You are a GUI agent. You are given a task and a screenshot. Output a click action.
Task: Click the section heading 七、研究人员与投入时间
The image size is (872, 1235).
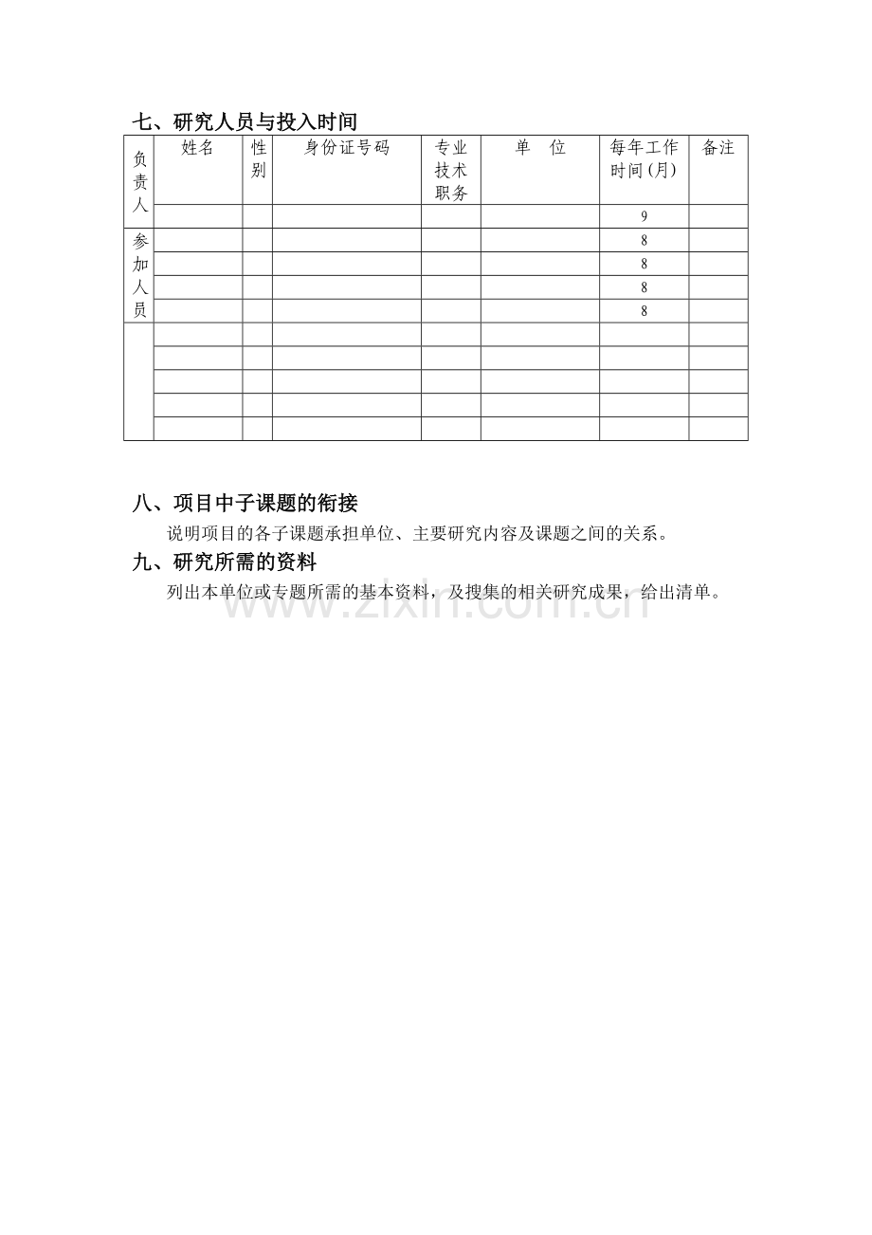coord(245,122)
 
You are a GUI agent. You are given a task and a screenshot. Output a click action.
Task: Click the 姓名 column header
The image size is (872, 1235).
coord(197,148)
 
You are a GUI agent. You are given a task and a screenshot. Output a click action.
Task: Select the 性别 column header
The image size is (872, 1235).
coord(258,159)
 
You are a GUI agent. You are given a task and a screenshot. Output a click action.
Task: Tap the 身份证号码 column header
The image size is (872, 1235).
coord(346,148)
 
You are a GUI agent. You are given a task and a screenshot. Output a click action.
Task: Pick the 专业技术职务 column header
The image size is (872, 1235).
coord(451,171)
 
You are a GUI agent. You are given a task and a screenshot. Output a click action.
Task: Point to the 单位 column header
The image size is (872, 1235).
coord(540,148)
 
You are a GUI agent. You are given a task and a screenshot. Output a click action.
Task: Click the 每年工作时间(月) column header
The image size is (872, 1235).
coord(644,159)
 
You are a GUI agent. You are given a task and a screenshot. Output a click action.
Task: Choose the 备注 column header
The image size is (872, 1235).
coord(718,148)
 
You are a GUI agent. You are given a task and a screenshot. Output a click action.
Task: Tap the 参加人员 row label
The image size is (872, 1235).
coord(139,275)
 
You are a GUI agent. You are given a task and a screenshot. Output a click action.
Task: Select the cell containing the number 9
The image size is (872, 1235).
coord(645,216)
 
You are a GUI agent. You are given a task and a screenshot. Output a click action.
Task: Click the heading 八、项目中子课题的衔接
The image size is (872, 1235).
coord(245,504)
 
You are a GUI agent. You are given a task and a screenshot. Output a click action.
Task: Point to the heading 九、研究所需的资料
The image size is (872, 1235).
coord(224,562)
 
